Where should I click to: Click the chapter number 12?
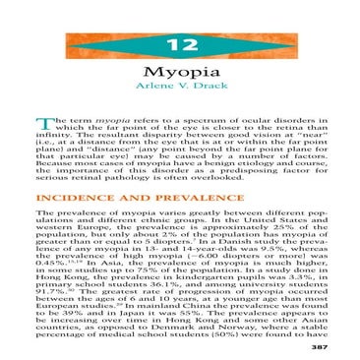point(180,46)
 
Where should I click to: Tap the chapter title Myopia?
point(180,72)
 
